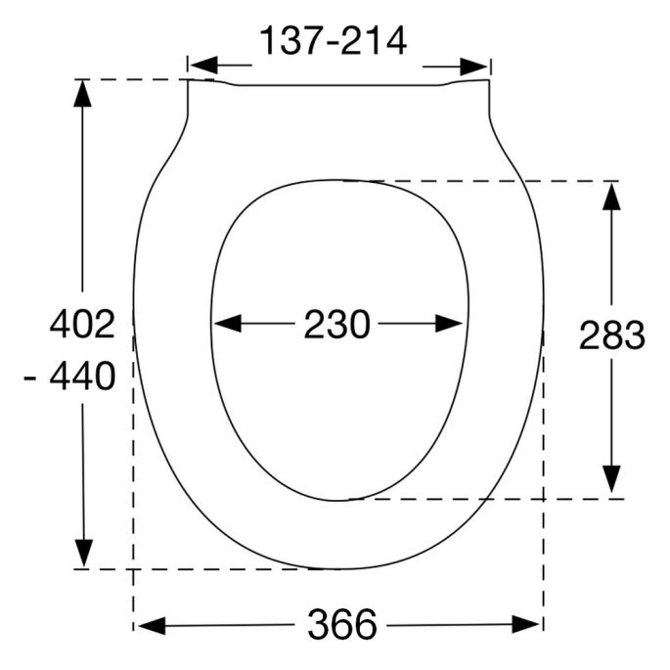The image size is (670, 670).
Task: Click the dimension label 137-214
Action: [333, 41]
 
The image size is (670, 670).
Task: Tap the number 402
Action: [83, 324]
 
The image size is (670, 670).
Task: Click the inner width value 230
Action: [336, 324]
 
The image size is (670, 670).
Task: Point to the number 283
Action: [612, 335]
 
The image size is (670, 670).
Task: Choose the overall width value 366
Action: [341, 624]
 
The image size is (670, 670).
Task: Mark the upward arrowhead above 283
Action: [611, 195]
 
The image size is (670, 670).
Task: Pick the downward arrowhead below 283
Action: [611, 481]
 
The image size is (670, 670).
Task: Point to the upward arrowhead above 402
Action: [83, 93]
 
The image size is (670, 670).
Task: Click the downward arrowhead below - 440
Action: [83, 553]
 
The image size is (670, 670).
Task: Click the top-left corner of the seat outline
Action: [188, 80]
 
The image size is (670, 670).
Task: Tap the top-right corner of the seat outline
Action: [488, 80]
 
